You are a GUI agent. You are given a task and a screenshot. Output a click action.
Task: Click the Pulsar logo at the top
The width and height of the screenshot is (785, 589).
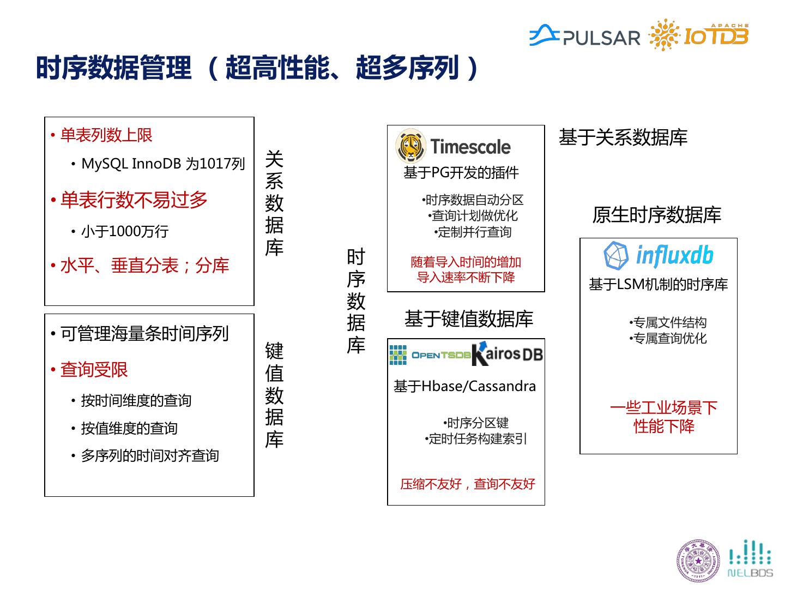point(584,36)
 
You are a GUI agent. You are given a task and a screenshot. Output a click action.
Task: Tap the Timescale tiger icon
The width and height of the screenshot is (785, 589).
point(410,146)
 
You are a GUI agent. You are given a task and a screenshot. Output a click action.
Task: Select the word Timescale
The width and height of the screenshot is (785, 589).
point(470,147)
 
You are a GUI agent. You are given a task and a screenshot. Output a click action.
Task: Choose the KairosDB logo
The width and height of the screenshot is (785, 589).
point(508,353)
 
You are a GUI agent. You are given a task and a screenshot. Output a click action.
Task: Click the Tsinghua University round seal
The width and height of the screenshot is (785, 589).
point(698,560)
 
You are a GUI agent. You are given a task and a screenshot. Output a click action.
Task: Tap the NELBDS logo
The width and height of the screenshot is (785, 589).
point(750,559)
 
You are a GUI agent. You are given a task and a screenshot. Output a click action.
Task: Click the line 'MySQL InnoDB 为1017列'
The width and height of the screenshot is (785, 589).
point(163,164)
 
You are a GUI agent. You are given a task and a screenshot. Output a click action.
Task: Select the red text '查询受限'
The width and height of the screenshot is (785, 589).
point(94,370)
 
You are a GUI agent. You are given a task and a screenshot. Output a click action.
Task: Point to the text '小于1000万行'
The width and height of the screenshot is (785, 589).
point(125,231)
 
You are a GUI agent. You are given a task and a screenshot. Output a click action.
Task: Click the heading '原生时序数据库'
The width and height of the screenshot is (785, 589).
point(656,215)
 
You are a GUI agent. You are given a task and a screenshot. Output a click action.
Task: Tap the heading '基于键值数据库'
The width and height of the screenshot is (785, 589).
point(468,319)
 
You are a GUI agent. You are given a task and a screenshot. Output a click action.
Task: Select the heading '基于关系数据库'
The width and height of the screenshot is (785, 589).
point(623,137)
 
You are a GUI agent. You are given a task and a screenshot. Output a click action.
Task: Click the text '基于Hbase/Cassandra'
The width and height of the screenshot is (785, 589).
point(464,386)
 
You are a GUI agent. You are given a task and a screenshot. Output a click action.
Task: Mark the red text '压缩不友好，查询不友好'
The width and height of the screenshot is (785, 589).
point(468,484)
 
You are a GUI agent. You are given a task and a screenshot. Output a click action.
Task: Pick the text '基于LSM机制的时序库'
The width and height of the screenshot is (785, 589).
point(658,284)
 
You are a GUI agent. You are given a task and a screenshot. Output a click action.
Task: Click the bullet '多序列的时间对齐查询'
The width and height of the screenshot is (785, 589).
point(150,456)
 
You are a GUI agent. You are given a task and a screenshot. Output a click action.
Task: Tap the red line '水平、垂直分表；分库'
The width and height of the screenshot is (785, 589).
point(144,266)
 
